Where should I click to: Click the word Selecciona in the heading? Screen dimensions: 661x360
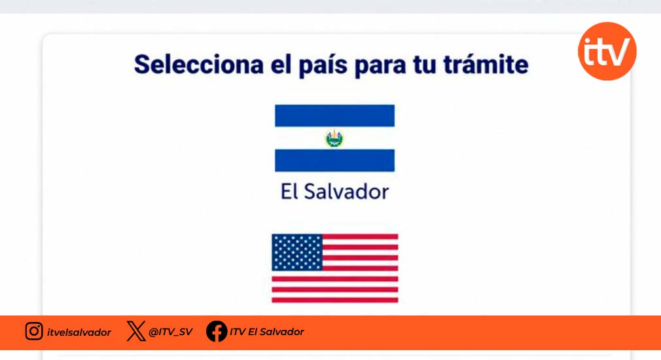click(198, 64)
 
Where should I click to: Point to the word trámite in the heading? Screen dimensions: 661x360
click(486, 64)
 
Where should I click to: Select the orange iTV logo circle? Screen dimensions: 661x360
click(607, 51)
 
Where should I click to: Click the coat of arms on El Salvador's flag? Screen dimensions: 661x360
click(334, 138)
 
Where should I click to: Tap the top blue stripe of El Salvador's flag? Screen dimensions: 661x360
click(334, 115)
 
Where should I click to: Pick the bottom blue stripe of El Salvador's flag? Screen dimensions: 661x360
click(334, 160)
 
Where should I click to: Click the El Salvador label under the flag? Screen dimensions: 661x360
click(334, 192)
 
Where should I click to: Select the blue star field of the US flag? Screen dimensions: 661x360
click(297, 253)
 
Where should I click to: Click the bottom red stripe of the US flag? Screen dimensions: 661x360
click(334, 300)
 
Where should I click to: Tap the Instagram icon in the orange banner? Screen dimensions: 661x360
click(34, 331)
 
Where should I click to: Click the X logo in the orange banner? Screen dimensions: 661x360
click(136, 331)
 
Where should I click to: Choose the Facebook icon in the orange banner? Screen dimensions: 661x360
click(217, 331)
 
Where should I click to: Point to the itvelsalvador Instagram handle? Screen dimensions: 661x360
click(79, 332)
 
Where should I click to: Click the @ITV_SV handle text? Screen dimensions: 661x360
click(171, 332)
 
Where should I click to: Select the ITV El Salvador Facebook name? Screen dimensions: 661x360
click(267, 332)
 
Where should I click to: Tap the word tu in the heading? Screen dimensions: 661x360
click(425, 65)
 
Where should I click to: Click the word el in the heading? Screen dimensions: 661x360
click(281, 64)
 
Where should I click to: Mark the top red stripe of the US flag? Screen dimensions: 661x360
click(361, 237)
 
